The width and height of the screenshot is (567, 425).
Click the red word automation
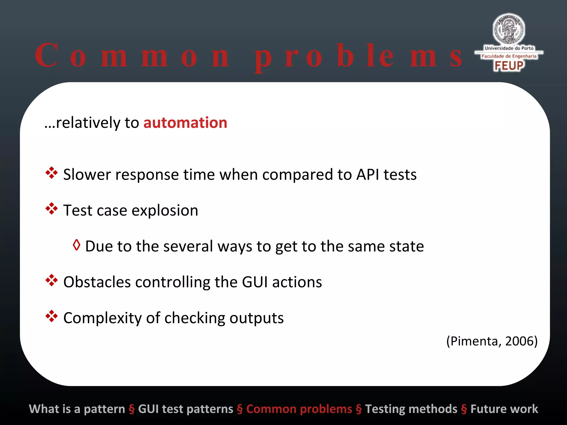click(x=185, y=123)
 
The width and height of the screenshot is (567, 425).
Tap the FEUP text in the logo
click(x=509, y=66)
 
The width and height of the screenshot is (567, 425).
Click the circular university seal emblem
click(x=509, y=29)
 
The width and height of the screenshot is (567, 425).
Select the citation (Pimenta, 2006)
click(x=492, y=341)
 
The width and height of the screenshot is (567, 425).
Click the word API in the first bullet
click(x=367, y=175)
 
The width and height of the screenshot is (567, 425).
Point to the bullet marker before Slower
click(x=51, y=173)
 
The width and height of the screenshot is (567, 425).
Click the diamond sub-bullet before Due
click(x=76, y=245)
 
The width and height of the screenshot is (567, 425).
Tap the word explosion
click(x=165, y=211)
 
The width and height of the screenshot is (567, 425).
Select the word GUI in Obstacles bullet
click(x=255, y=282)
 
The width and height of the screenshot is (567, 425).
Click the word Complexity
click(x=102, y=318)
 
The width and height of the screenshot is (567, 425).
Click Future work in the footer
click(x=504, y=409)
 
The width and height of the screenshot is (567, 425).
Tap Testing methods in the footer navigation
click(x=411, y=409)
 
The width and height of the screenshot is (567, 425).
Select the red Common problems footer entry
click(x=299, y=409)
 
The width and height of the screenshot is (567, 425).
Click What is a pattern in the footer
click(x=77, y=409)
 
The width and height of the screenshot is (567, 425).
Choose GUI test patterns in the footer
click(x=185, y=409)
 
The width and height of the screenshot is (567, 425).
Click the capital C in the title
click(x=47, y=55)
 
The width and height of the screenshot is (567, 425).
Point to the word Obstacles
click(x=97, y=282)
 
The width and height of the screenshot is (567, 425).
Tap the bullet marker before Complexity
click(x=51, y=317)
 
